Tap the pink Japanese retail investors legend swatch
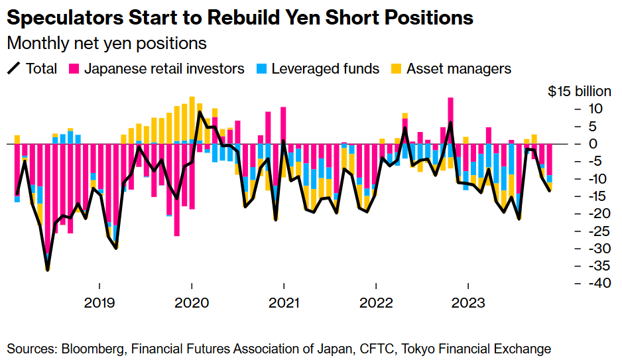74,68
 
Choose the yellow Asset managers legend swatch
396,68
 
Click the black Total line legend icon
13,68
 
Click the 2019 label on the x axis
99,304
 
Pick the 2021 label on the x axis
284,304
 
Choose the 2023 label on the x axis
468,304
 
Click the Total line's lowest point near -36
47,269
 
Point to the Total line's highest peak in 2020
200,112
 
